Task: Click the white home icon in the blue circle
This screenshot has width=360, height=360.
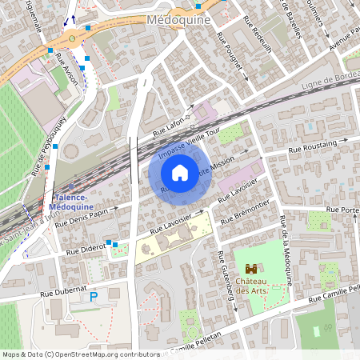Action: click(180, 172)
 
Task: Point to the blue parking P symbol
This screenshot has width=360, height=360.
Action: click(94, 297)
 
